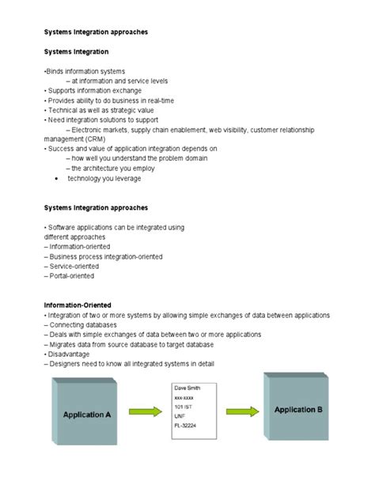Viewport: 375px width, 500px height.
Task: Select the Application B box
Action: (x=297, y=410)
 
